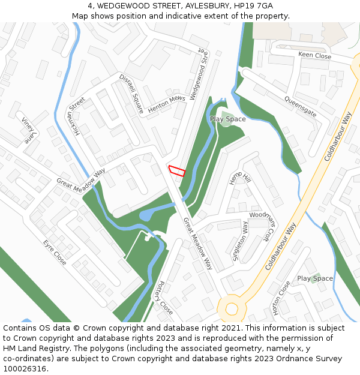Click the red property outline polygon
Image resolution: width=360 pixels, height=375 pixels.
point(176,170)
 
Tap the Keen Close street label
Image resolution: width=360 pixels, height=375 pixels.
point(314,56)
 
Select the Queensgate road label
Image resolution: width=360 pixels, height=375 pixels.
point(300,106)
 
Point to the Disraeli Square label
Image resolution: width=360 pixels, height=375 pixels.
point(131,94)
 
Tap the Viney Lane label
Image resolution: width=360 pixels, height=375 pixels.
point(28,130)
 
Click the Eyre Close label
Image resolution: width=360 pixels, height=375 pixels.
point(55,253)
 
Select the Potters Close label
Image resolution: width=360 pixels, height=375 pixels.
point(163,297)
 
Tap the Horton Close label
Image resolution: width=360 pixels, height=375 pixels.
point(281,298)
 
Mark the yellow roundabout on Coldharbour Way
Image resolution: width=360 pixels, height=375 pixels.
point(231,310)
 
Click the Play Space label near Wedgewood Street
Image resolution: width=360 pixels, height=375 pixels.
point(227,119)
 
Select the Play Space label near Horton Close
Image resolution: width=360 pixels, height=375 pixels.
point(315,278)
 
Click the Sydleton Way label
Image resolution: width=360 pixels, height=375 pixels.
point(239,241)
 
